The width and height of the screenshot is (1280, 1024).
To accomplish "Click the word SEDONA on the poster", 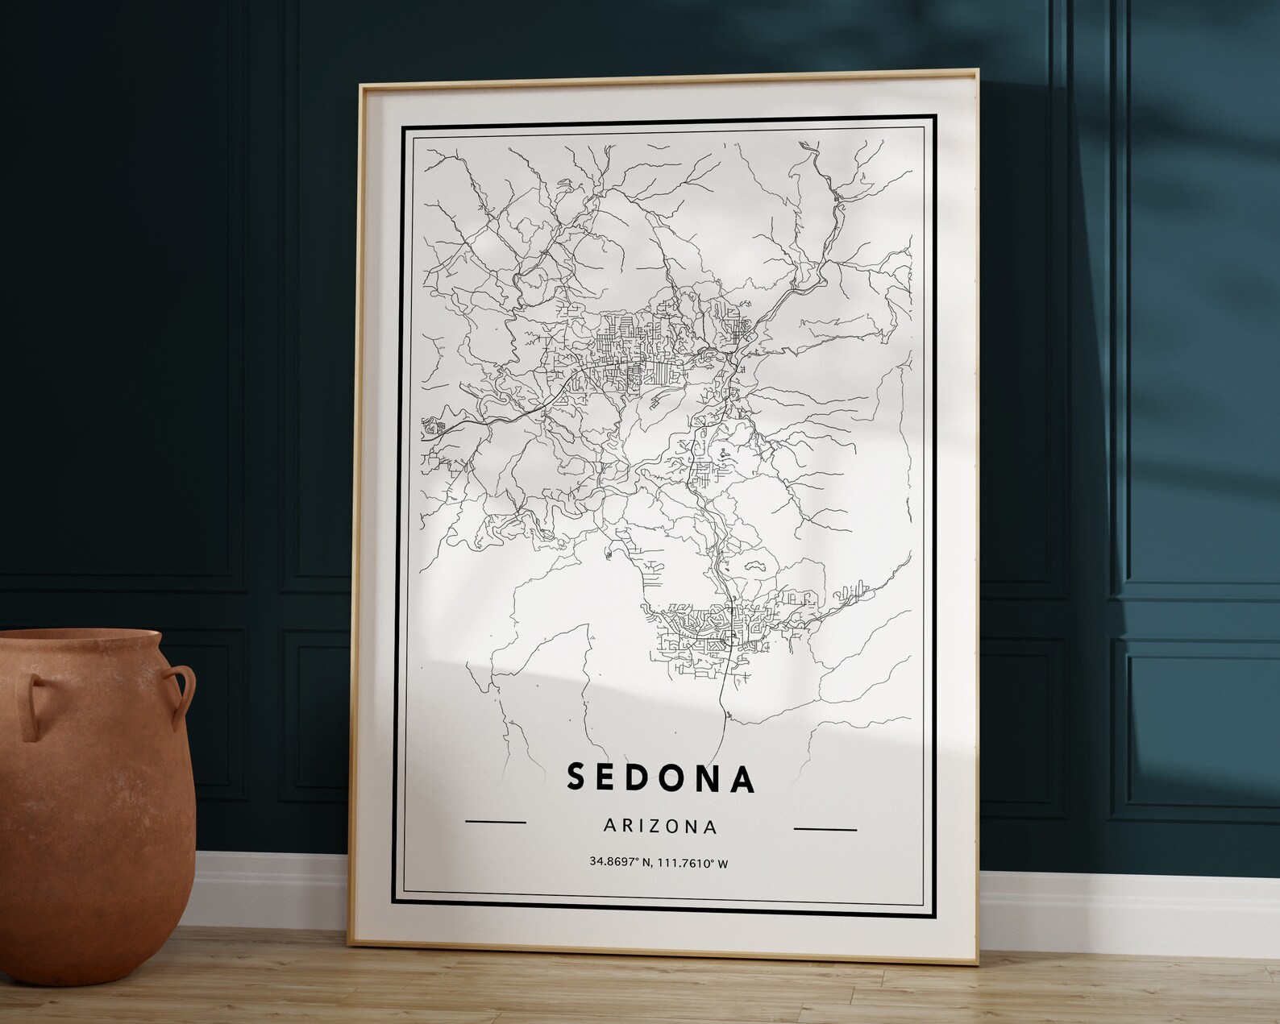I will [661, 778].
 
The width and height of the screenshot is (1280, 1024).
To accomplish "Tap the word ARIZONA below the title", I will [659, 827].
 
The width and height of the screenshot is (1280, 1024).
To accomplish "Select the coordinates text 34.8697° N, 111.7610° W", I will [659, 863].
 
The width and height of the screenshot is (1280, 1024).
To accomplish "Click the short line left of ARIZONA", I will [496, 823].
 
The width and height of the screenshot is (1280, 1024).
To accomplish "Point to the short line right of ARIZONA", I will [825, 828].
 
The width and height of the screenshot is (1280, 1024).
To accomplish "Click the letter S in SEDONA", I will [576, 777].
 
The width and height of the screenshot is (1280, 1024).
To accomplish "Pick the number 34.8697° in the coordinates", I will [613, 862].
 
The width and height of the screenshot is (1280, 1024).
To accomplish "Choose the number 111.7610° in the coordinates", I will [684, 864].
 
